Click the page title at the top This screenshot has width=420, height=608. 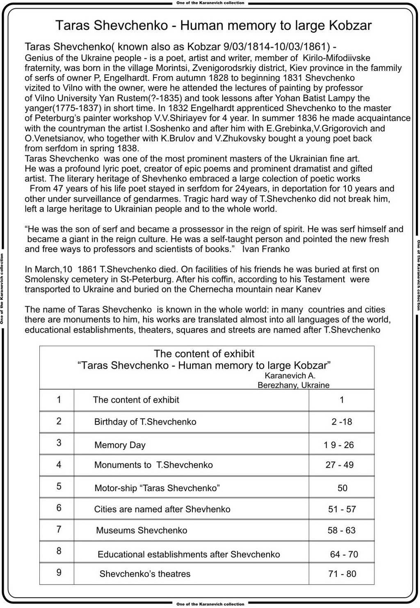[x=213, y=25]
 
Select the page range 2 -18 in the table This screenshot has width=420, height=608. [x=342, y=421]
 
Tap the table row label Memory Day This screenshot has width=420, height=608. [x=120, y=445]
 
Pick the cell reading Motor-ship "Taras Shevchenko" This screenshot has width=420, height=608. [x=157, y=488]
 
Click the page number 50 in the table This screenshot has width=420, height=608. [x=342, y=488]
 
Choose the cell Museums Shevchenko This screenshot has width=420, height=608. [x=142, y=530]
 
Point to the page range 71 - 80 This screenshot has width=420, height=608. [x=342, y=574]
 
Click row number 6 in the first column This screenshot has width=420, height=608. [x=59, y=508]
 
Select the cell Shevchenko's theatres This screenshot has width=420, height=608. [x=145, y=574]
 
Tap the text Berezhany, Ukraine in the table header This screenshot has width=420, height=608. [x=293, y=385]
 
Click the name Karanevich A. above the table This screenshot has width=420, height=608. [x=290, y=376]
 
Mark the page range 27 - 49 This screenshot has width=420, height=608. [x=340, y=465]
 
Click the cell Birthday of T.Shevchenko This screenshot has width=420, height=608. [x=145, y=421]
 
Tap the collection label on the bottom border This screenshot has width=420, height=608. [x=210, y=604]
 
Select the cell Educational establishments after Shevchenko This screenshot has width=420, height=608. [x=189, y=554]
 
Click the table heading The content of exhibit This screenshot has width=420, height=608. [x=204, y=353]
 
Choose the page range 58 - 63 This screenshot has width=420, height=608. [x=341, y=530]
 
